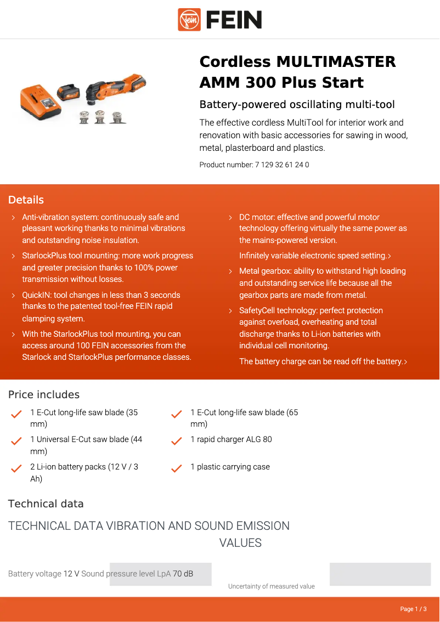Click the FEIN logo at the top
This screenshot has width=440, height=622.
[220, 20]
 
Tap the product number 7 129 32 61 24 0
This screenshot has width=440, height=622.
[281, 165]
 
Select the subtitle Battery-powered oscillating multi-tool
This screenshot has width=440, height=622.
[297, 104]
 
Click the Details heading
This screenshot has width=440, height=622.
[26, 200]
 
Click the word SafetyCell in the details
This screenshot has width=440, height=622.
[257, 310]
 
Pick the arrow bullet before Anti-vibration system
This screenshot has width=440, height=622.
[13, 218]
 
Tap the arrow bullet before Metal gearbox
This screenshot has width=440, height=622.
[230, 272]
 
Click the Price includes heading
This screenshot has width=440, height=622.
[43, 394]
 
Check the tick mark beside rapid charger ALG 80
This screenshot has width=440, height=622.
[177, 441]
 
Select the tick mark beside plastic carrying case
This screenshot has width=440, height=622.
[177, 468]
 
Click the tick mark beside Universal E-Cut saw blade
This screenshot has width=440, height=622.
[16, 441]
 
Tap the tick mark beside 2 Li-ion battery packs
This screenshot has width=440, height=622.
[16, 468]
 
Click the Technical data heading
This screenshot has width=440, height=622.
[46, 504]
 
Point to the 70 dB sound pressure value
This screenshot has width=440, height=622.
[183, 574]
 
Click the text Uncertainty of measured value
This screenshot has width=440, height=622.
[271, 586]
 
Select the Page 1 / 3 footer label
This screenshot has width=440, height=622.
[413, 609]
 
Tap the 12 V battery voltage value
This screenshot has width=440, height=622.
[71, 574]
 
